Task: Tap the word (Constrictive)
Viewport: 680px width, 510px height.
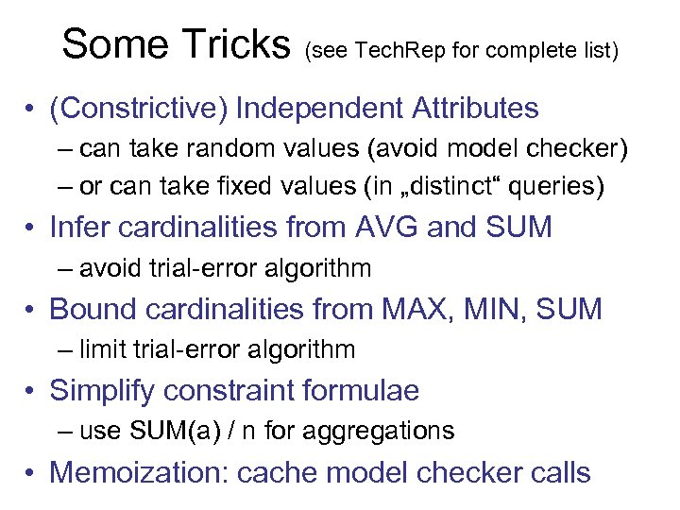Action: [138, 109]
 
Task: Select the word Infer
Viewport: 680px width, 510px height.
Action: [76, 228]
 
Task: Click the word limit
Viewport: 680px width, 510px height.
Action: [102, 349]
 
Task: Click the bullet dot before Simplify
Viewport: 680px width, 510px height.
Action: [33, 391]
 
